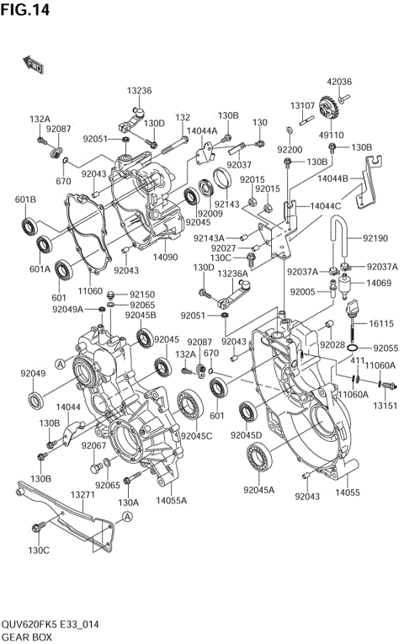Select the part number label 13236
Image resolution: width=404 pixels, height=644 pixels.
click(140, 91)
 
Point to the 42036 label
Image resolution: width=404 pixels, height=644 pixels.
click(339, 82)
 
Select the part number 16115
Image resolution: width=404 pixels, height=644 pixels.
click(381, 323)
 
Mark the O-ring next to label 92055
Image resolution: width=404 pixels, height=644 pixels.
click(353, 348)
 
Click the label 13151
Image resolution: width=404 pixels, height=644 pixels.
click(385, 405)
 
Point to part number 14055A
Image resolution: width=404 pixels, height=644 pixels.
click(172, 500)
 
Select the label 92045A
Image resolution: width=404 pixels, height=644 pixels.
click(259, 489)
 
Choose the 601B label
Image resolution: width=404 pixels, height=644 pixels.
click(26, 200)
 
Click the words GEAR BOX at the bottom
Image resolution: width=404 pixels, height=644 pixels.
click(26, 637)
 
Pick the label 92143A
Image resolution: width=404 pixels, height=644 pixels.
click(209, 238)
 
